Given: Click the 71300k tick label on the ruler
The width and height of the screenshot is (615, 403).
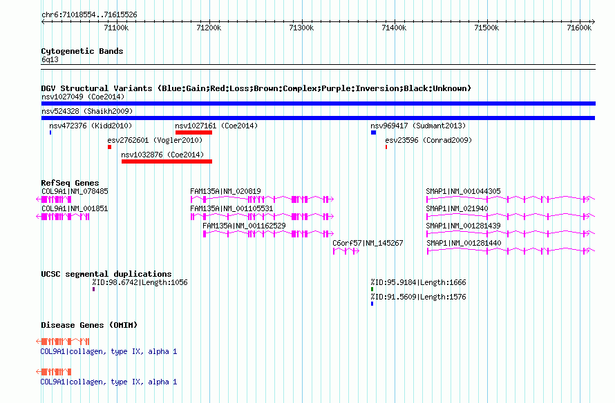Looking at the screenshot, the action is click(301, 28).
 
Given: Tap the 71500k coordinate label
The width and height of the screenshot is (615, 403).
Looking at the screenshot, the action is click(486, 28).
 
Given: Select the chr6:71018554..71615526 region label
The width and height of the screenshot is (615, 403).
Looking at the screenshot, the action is click(89, 15).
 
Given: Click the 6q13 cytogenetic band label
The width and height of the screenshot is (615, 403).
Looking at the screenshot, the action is click(50, 59).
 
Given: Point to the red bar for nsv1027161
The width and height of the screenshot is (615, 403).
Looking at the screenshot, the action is click(193, 132).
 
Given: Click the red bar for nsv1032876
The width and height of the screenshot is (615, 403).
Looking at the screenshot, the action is click(167, 161).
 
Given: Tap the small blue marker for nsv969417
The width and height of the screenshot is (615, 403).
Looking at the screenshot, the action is click(373, 132).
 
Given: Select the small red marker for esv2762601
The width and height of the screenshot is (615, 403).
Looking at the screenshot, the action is click(109, 147).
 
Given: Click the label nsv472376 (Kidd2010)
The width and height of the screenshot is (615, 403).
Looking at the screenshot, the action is click(91, 126).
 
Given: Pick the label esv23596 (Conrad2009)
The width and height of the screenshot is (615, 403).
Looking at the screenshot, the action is click(428, 140).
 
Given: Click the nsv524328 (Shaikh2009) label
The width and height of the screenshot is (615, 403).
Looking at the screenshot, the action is click(87, 111).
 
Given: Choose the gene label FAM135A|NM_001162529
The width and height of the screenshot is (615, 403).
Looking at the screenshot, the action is click(244, 226).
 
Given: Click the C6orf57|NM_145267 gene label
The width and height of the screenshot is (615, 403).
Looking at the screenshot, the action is click(368, 243).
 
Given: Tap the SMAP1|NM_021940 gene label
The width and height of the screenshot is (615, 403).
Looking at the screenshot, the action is click(457, 208).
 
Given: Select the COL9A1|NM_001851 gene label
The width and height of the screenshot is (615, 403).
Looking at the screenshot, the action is click(75, 208).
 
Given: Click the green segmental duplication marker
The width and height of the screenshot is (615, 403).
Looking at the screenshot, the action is click(372, 289).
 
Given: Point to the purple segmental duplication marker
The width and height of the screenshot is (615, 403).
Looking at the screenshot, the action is click(94, 289).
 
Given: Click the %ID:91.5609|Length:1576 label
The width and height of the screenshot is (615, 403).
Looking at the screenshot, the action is click(419, 297).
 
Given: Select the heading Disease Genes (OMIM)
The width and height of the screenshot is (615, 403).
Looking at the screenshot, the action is click(89, 325).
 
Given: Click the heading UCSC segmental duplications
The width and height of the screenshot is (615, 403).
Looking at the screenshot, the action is click(106, 274).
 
